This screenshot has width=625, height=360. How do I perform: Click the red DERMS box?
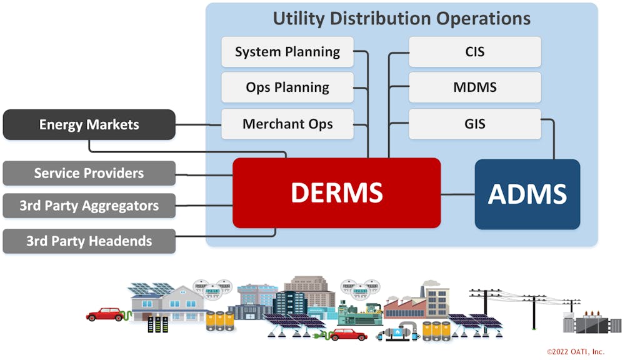(336, 192)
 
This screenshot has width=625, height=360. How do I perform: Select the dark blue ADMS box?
(527, 194)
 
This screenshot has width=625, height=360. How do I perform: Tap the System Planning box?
(287, 52)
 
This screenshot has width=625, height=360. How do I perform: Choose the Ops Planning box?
(287, 87)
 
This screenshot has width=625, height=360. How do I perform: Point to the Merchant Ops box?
(287, 124)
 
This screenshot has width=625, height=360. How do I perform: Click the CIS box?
(474, 52)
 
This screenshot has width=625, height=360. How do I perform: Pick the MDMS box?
(474, 87)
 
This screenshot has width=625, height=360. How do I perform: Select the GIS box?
(474, 124)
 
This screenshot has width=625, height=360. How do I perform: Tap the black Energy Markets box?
(89, 124)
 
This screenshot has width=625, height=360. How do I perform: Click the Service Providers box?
(89, 173)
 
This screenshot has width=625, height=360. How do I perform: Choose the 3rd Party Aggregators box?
(89, 206)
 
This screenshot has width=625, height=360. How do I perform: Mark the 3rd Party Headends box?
(89, 241)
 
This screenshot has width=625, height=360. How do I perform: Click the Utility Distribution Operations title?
(401, 18)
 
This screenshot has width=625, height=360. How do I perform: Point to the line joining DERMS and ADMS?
(457, 194)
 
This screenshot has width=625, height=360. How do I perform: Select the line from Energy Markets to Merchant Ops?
(198, 124)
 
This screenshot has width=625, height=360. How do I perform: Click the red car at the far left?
(105, 314)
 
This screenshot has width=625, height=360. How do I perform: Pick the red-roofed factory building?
(406, 307)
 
